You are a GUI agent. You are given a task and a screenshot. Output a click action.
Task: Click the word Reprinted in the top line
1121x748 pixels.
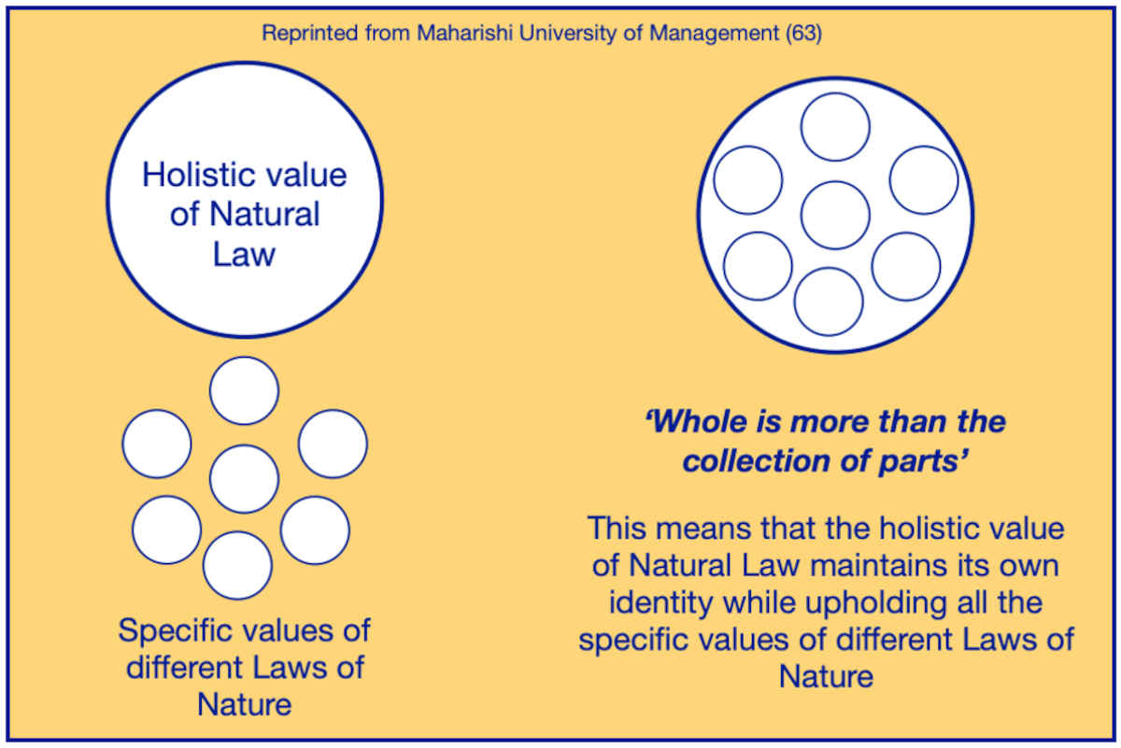point(310,34)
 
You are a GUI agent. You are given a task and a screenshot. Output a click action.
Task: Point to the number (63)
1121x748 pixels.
point(803,34)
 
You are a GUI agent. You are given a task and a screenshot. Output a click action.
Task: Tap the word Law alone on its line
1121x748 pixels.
point(244,254)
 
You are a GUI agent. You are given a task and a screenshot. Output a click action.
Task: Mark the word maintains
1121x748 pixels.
point(879,565)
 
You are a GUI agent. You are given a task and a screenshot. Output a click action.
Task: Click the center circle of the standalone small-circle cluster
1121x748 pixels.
point(244,479)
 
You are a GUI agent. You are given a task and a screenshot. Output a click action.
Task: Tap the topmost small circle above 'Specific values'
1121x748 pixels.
point(244,390)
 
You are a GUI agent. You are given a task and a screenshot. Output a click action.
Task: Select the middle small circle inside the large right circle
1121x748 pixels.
point(835,215)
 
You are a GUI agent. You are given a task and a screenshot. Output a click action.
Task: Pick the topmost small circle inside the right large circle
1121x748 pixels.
point(835,127)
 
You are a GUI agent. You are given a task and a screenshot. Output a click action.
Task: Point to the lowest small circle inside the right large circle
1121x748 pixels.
point(829,302)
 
